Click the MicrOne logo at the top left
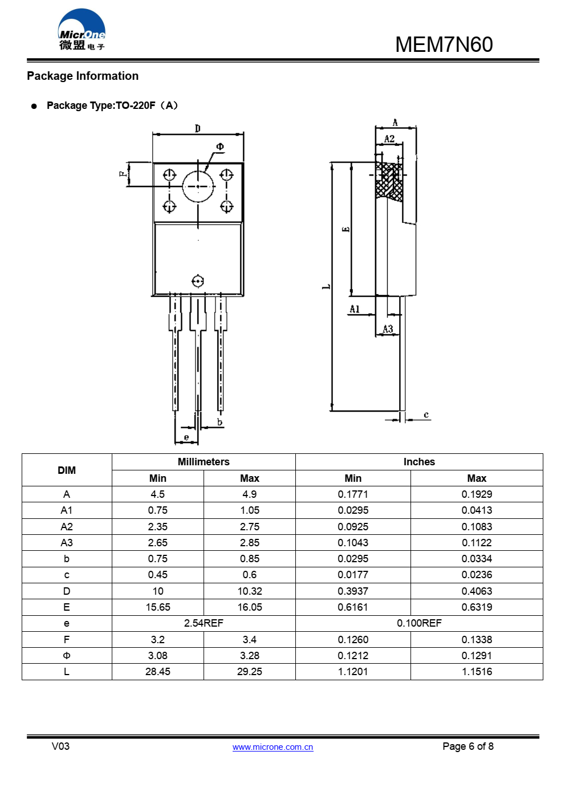tap(82, 30)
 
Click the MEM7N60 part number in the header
tap(444, 44)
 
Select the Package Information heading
tap(83, 76)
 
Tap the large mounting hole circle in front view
tap(198, 186)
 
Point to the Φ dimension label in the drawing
tap(220, 147)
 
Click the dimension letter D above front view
tap(198, 128)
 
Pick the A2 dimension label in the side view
tap(389, 139)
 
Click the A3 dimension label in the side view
tap(388, 329)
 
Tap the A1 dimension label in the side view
tap(355, 309)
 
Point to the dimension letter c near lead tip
tap(426, 415)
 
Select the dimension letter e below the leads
tap(186, 437)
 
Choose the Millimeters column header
tap(204, 462)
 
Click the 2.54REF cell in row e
tap(204, 623)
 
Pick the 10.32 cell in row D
tap(250, 591)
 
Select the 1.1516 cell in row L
tap(477, 672)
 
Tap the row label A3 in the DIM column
tap(67, 543)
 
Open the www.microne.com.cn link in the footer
tap(273, 747)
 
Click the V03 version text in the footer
tap(60, 746)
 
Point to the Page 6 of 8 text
tap(468, 746)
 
